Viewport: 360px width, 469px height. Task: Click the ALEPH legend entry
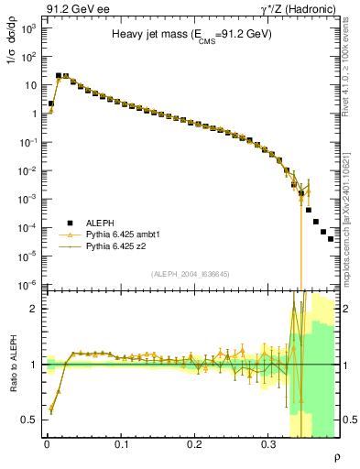click(x=100, y=222)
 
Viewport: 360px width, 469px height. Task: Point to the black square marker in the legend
click(x=71, y=222)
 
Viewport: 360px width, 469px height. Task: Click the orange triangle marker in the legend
click(x=71, y=234)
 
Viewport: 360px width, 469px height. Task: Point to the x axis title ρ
click(x=336, y=457)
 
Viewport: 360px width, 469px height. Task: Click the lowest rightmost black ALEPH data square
click(x=331, y=238)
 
